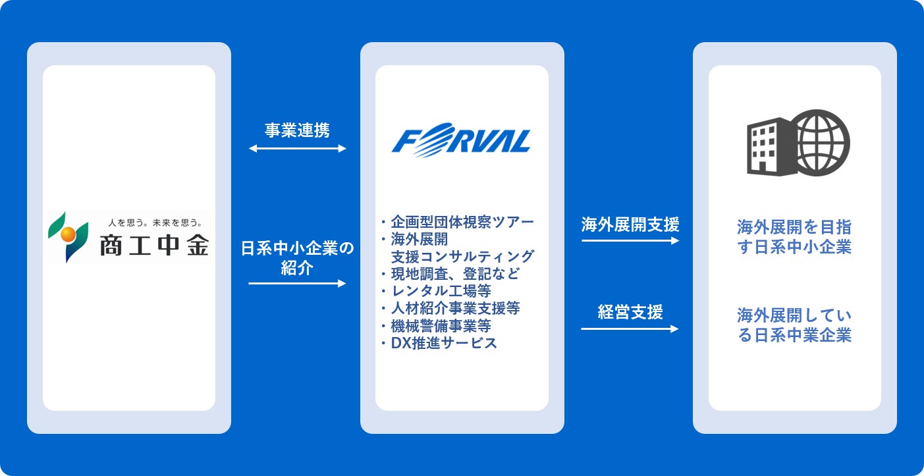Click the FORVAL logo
[x=461, y=140]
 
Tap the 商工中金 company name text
[x=154, y=246]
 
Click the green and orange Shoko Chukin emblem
[x=68, y=237]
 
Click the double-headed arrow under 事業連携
[x=298, y=149]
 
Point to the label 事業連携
[x=298, y=130]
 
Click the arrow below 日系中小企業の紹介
[x=298, y=284]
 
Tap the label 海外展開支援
[x=630, y=225]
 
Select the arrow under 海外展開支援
[x=630, y=241]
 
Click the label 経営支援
[x=630, y=312]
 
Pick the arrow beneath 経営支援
[x=630, y=329]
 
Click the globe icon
[x=819, y=143]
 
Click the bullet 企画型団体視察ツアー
[x=461, y=221]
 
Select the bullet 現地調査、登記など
[x=454, y=273]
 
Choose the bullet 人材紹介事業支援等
[x=454, y=307]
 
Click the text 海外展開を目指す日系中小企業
[x=794, y=238]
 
